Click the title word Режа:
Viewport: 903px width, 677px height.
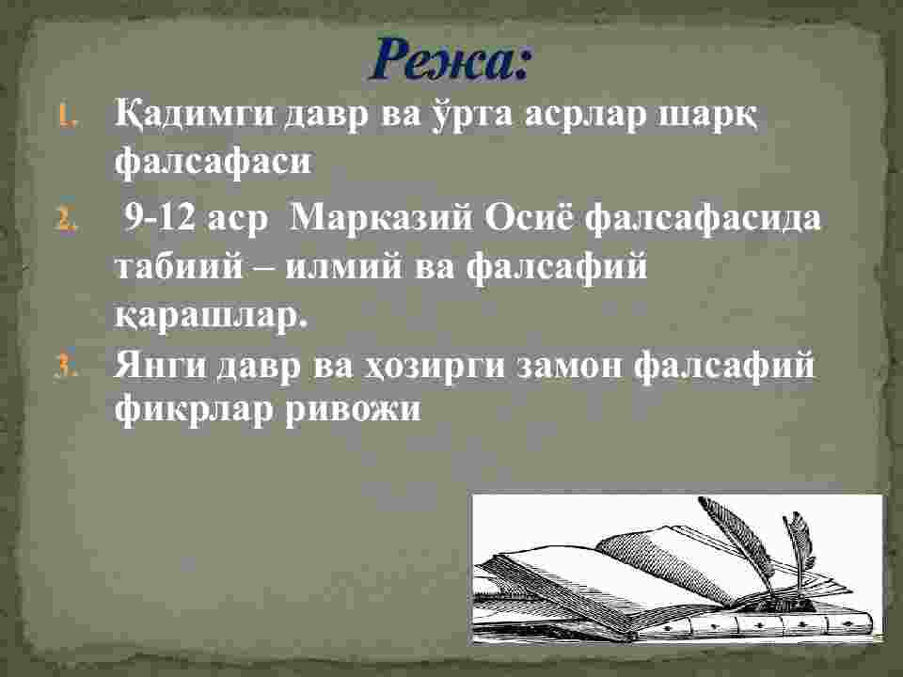(x=450, y=60)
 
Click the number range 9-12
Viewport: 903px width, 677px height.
(x=161, y=219)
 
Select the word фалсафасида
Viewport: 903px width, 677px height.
(x=703, y=220)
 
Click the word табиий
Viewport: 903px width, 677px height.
(x=179, y=266)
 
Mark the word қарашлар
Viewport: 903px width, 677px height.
(x=211, y=316)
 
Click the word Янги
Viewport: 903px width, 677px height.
(x=160, y=366)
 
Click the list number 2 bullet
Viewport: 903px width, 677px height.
(x=66, y=220)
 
